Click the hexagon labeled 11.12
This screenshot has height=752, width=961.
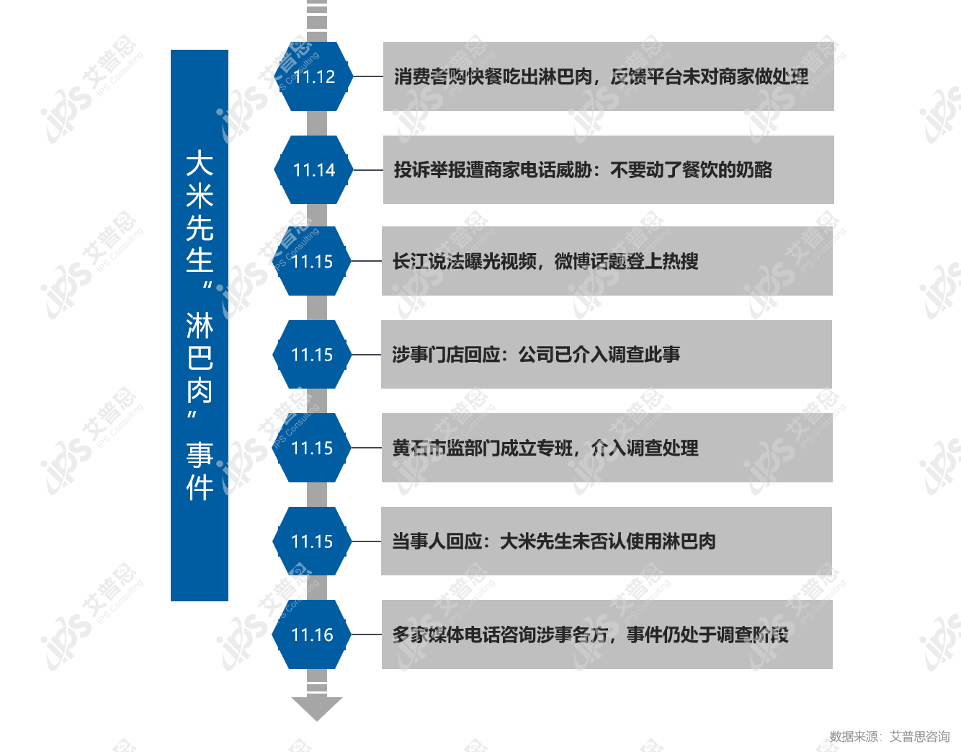tap(313, 76)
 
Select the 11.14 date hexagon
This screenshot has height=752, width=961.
tap(313, 169)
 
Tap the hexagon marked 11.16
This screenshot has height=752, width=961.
tap(312, 634)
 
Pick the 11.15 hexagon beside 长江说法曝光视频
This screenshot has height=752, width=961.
tap(312, 261)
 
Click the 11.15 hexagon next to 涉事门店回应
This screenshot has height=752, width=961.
tap(312, 355)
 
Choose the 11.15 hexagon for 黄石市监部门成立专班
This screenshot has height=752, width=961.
tap(312, 448)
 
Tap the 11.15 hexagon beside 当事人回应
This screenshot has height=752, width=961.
tap(312, 541)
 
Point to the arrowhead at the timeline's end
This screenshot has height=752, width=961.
tap(317, 709)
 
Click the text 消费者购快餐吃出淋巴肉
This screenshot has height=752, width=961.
tap(493, 76)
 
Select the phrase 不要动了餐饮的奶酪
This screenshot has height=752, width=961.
tap(691, 169)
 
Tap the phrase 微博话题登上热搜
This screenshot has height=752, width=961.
tap(626, 261)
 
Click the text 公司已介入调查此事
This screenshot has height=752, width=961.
tap(599, 355)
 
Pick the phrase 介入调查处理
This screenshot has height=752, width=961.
tap(645, 448)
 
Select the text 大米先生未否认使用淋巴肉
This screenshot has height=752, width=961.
tap(607, 541)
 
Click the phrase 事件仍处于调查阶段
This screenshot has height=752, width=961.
tap(707, 634)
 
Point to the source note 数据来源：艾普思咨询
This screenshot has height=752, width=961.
tap(890, 737)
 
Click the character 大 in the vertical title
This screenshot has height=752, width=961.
tap(200, 163)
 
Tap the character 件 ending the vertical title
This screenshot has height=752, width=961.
tap(200, 487)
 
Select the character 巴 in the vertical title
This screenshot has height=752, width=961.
tap(200, 358)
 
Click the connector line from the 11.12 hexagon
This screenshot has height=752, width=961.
tap(368, 76)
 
